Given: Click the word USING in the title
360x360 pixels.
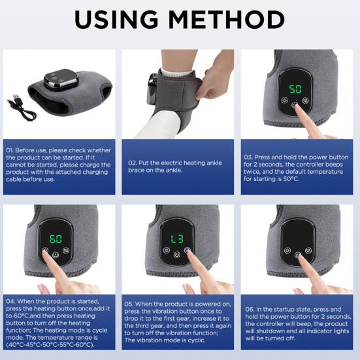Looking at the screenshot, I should click(x=119, y=20).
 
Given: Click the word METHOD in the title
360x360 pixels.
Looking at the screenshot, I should click(x=228, y=20).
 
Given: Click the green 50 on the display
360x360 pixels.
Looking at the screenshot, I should click(x=295, y=88).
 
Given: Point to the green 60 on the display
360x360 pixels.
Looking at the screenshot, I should click(x=56, y=238).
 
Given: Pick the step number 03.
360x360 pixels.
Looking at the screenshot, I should click(x=249, y=157).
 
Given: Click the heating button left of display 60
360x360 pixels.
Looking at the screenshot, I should click(x=45, y=250).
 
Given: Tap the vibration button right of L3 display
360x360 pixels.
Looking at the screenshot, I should click(x=187, y=250).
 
